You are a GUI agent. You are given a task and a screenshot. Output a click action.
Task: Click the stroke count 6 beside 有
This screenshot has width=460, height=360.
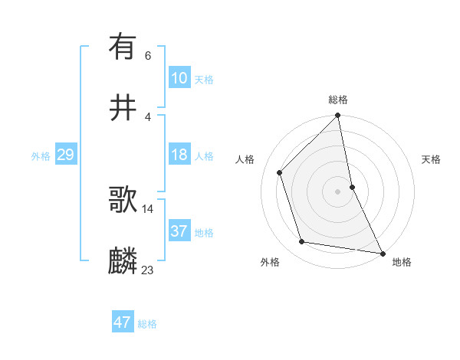(x=148, y=55)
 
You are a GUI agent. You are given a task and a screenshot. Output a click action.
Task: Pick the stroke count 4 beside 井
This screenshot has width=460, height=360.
(x=148, y=116)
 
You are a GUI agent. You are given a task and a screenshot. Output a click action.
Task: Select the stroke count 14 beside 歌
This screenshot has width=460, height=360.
(x=148, y=208)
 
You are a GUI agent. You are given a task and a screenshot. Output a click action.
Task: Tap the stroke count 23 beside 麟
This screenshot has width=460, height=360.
(x=148, y=270)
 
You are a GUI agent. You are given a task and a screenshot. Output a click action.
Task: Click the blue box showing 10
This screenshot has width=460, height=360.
(x=179, y=78)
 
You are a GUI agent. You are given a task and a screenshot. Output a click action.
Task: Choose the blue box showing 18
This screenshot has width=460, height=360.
(x=179, y=155)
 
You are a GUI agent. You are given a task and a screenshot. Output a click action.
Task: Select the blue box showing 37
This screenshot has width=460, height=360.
(x=179, y=231)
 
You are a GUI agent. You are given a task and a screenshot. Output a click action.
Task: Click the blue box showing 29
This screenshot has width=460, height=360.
(x=65, y=155)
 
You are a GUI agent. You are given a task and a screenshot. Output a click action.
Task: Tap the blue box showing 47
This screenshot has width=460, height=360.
(x=123, y=322)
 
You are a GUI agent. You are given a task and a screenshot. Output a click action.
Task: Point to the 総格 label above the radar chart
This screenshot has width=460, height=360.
(x=338, y=100)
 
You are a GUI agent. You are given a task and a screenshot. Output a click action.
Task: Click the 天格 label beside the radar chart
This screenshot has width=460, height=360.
(x=432, y=159)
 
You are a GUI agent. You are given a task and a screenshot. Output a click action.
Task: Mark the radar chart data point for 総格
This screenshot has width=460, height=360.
(x=338, y=116)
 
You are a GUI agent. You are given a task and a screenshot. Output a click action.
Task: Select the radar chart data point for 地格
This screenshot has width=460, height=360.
(x=382, y=253)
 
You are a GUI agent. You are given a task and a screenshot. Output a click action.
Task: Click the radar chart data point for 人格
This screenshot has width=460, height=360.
(x=280, y=172)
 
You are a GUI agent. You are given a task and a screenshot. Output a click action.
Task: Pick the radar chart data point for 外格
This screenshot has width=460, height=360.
(x=302, y=242)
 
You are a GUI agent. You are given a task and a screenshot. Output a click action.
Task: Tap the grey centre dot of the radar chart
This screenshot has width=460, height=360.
(x=338, y=191)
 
